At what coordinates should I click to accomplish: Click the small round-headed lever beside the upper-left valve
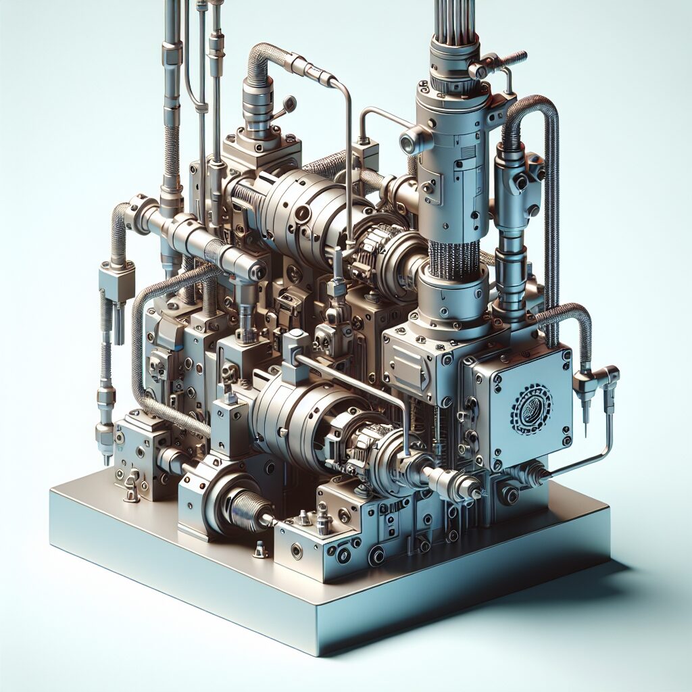point(290,104)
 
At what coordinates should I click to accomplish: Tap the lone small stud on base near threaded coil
point(259,550)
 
